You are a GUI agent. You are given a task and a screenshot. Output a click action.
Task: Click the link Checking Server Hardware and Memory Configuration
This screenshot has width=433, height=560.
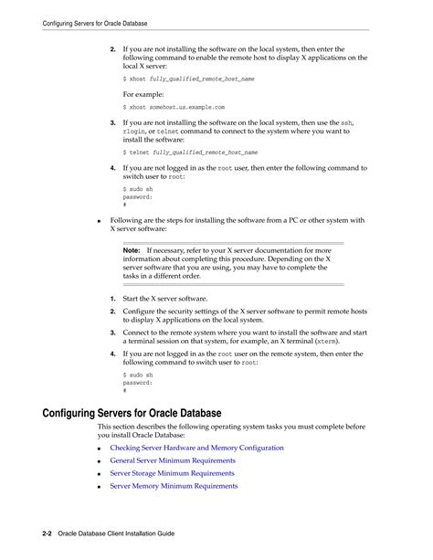pyautogui.click(x=196, y=448)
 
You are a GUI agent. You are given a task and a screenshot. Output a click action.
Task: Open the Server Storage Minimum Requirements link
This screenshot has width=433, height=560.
pyautogui.click(x=172, y=473)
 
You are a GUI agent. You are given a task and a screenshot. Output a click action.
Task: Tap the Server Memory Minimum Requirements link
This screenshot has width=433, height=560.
pyautogui.click(x=174, y=486)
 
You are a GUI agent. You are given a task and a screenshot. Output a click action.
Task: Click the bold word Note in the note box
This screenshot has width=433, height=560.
pyautogui.click(x=131, y=249)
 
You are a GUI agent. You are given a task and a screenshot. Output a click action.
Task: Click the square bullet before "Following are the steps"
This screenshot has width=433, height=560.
pyautogui.click(x=99, y=220)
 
